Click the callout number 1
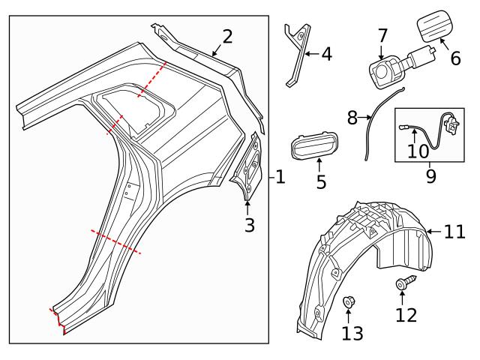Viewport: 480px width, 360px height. click(x=280, y=178)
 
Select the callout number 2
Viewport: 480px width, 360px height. click(x=227, y=35)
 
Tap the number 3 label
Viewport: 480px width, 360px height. click(x=250, y=223)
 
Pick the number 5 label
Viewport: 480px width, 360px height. click(x=321, y=181)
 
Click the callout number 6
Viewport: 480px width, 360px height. click(x=454, y=58)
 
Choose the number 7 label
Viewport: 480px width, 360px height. click(x=382, y=34)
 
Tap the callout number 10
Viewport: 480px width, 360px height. click(x=418, y=151)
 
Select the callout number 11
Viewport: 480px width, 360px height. click(x=454, y=232)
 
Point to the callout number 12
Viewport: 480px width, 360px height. click(x=406, y=315)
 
